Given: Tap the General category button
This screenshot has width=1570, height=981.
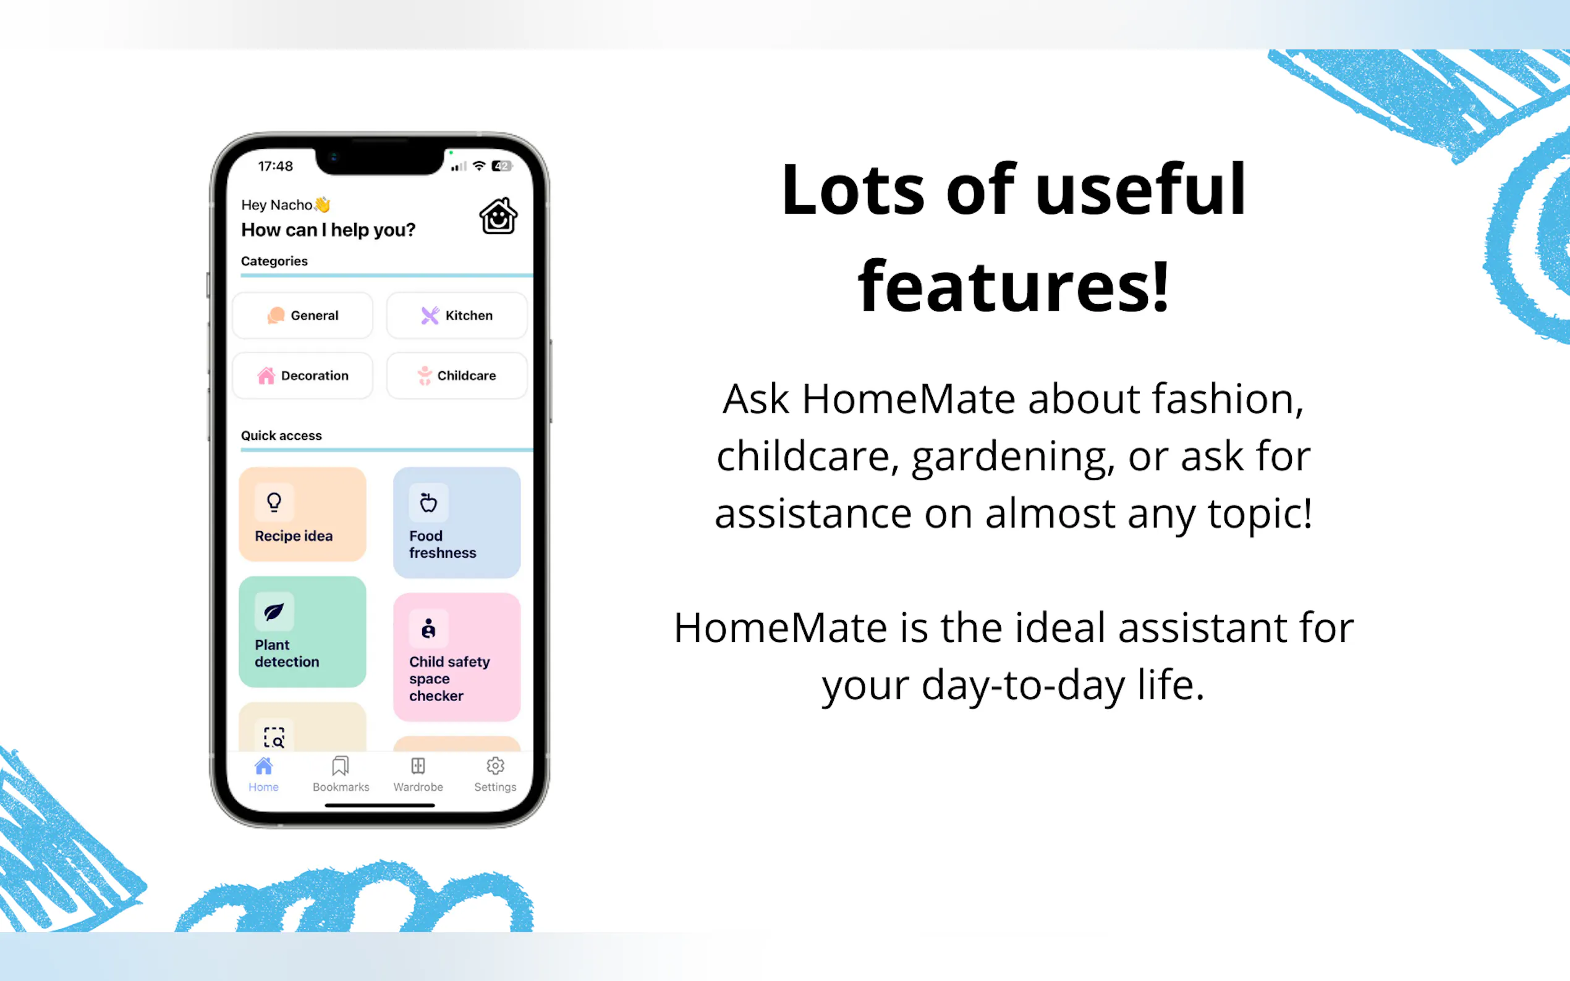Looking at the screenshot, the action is point(302,315).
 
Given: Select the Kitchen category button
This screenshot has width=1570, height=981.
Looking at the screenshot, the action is point(457,315).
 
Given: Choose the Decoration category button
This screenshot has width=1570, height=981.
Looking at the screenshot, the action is point(302,376).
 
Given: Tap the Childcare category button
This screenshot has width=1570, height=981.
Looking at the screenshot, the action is point(457,376).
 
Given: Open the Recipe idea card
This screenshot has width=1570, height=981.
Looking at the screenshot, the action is point(302,515).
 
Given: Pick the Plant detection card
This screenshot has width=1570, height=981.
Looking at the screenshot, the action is point(302,632).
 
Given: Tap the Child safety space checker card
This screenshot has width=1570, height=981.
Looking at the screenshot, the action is point(457,657).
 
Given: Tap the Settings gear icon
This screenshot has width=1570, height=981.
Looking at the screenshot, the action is point(495,766).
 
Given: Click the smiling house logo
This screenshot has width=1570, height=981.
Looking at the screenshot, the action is point(498,216).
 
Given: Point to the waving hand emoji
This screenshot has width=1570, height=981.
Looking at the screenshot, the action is point(323,204).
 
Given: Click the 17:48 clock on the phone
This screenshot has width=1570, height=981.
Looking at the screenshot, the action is point(275,166).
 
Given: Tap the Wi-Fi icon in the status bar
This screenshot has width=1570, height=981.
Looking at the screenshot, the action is point(479,166).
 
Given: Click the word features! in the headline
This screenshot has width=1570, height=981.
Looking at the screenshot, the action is point(1013,285).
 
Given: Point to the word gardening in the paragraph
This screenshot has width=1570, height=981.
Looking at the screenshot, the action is point(1013,456).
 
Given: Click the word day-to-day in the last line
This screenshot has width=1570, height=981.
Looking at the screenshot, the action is point(1024,686).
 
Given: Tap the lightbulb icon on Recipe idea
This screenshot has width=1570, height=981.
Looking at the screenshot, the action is point(274,502).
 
